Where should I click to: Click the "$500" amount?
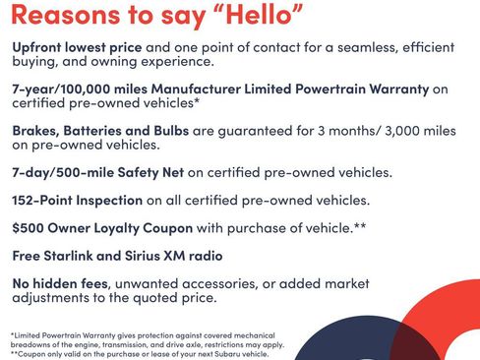click(29, 228)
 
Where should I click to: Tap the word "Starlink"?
click(78, 257)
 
